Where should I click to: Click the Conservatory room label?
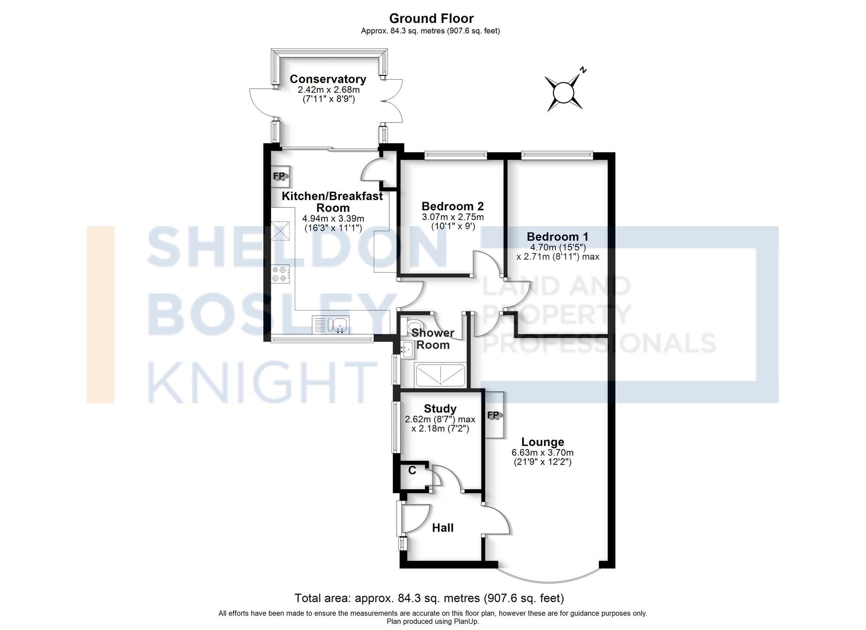tap(328, 79)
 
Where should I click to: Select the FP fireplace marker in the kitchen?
tap(279, 176)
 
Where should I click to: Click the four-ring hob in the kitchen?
tap(280, 274)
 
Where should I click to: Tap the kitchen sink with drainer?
tap(330, 325)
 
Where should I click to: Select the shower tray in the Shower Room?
tap(440, 375)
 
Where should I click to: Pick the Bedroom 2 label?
tap(452, 206)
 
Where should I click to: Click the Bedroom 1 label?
tap(557, 237)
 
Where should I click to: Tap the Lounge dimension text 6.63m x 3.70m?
tap(543, 453)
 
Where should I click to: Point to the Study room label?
tap(440, 409)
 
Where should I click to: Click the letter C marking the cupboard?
tap(412, 470)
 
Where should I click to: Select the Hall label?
tap(443, 528)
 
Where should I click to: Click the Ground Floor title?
tap(431, 19)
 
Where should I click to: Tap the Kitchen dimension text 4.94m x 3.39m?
tap(333, 219)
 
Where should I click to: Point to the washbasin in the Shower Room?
tap(407, 349)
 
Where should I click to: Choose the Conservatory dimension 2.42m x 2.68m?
tap(328, 90)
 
